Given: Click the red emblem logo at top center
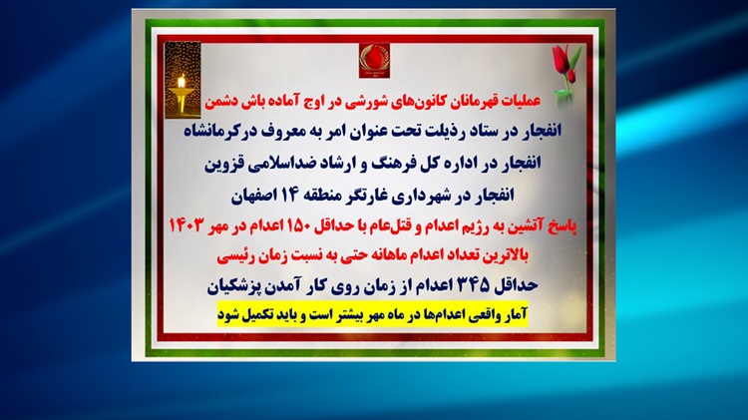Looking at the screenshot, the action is [x=374, y=60].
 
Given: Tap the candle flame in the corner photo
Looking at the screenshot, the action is [x=182, y=82].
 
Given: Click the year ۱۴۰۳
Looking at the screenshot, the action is [x=187, y=225].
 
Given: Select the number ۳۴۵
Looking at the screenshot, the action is [x=473, y=285].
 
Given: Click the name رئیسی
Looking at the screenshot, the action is [x=231, y=256].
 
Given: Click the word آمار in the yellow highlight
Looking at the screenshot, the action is [x=517, y=315].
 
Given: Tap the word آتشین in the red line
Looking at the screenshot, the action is [x=526, y=226].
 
